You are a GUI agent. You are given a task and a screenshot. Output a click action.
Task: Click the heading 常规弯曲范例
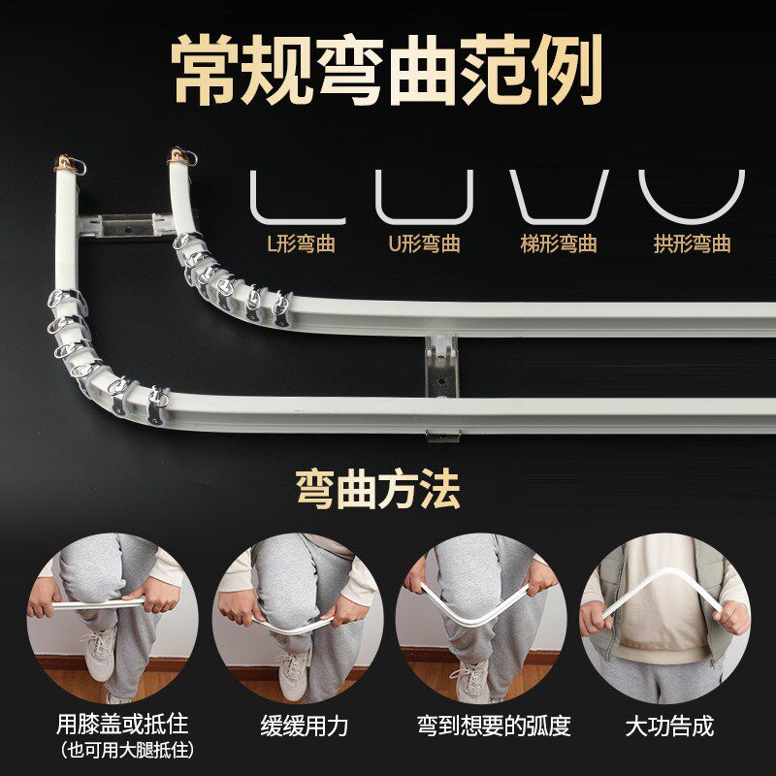click(x=388, y=70)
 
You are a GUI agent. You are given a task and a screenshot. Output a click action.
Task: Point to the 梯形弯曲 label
click(x=559, y=242)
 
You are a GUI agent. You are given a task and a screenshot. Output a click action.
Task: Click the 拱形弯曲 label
click(x=692, y=242)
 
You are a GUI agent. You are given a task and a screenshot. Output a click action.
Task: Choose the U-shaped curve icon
click(x=425, y=200)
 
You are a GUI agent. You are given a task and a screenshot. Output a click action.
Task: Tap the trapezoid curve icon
click(x=559, y=198)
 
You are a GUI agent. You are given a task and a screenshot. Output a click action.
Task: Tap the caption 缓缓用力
click(x=304, y=725)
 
